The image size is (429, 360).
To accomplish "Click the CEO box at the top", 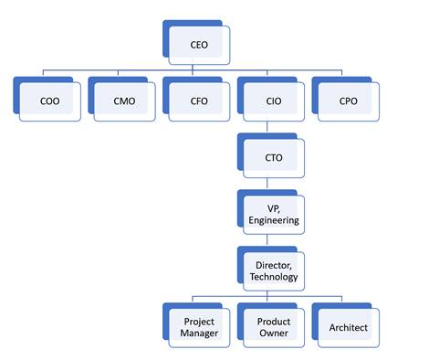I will pos(199,42).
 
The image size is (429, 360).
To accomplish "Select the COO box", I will pos(50,100).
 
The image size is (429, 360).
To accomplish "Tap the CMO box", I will pos(124,100).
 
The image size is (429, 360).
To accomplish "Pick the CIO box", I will pos(273,100).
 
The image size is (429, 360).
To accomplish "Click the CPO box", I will pos(348,100).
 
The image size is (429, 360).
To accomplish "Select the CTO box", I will pos(273,157).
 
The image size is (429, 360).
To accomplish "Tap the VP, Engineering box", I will pos(273,214).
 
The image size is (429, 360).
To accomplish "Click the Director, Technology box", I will pos(273,270).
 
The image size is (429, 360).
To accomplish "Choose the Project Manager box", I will pos(199,327).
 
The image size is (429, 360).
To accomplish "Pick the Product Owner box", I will pos(273,327).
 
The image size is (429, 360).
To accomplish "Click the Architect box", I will pos(348,327).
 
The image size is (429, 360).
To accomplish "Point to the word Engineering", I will pos(274,220).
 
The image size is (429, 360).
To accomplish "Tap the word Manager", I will pos(200,334).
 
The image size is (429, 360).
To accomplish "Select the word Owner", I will pos(274,334).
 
